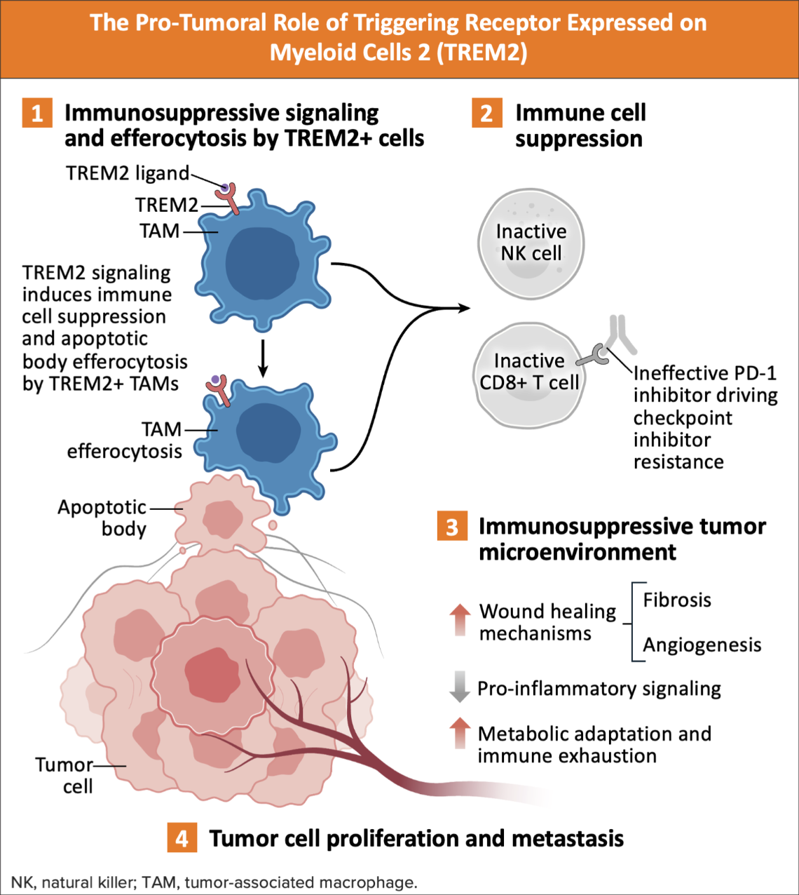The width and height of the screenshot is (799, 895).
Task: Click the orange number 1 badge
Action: coord(37,114)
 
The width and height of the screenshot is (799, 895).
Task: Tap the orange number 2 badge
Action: coord(487,114)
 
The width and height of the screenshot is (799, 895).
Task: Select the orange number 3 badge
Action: coord(452,527)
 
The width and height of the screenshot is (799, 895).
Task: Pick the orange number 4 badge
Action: coord(182,839)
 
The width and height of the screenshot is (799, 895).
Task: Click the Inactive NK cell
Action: coord(531,243)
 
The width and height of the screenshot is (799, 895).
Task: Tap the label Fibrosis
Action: coord(677,600)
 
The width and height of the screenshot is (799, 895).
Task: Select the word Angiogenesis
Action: coord(702,645)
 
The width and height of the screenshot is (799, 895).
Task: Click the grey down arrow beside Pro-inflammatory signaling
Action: coord(460,687)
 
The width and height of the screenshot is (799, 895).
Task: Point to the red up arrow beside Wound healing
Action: coord(460,619)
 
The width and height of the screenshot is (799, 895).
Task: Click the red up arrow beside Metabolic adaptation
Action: coord(460,733)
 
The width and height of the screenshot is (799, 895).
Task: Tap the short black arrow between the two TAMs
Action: coord(262,358)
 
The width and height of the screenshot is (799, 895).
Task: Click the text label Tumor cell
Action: coord(65,775)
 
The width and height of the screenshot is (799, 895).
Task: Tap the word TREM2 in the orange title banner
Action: coord(482,53)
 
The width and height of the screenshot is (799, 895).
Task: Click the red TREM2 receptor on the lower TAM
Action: coord(219,389)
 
